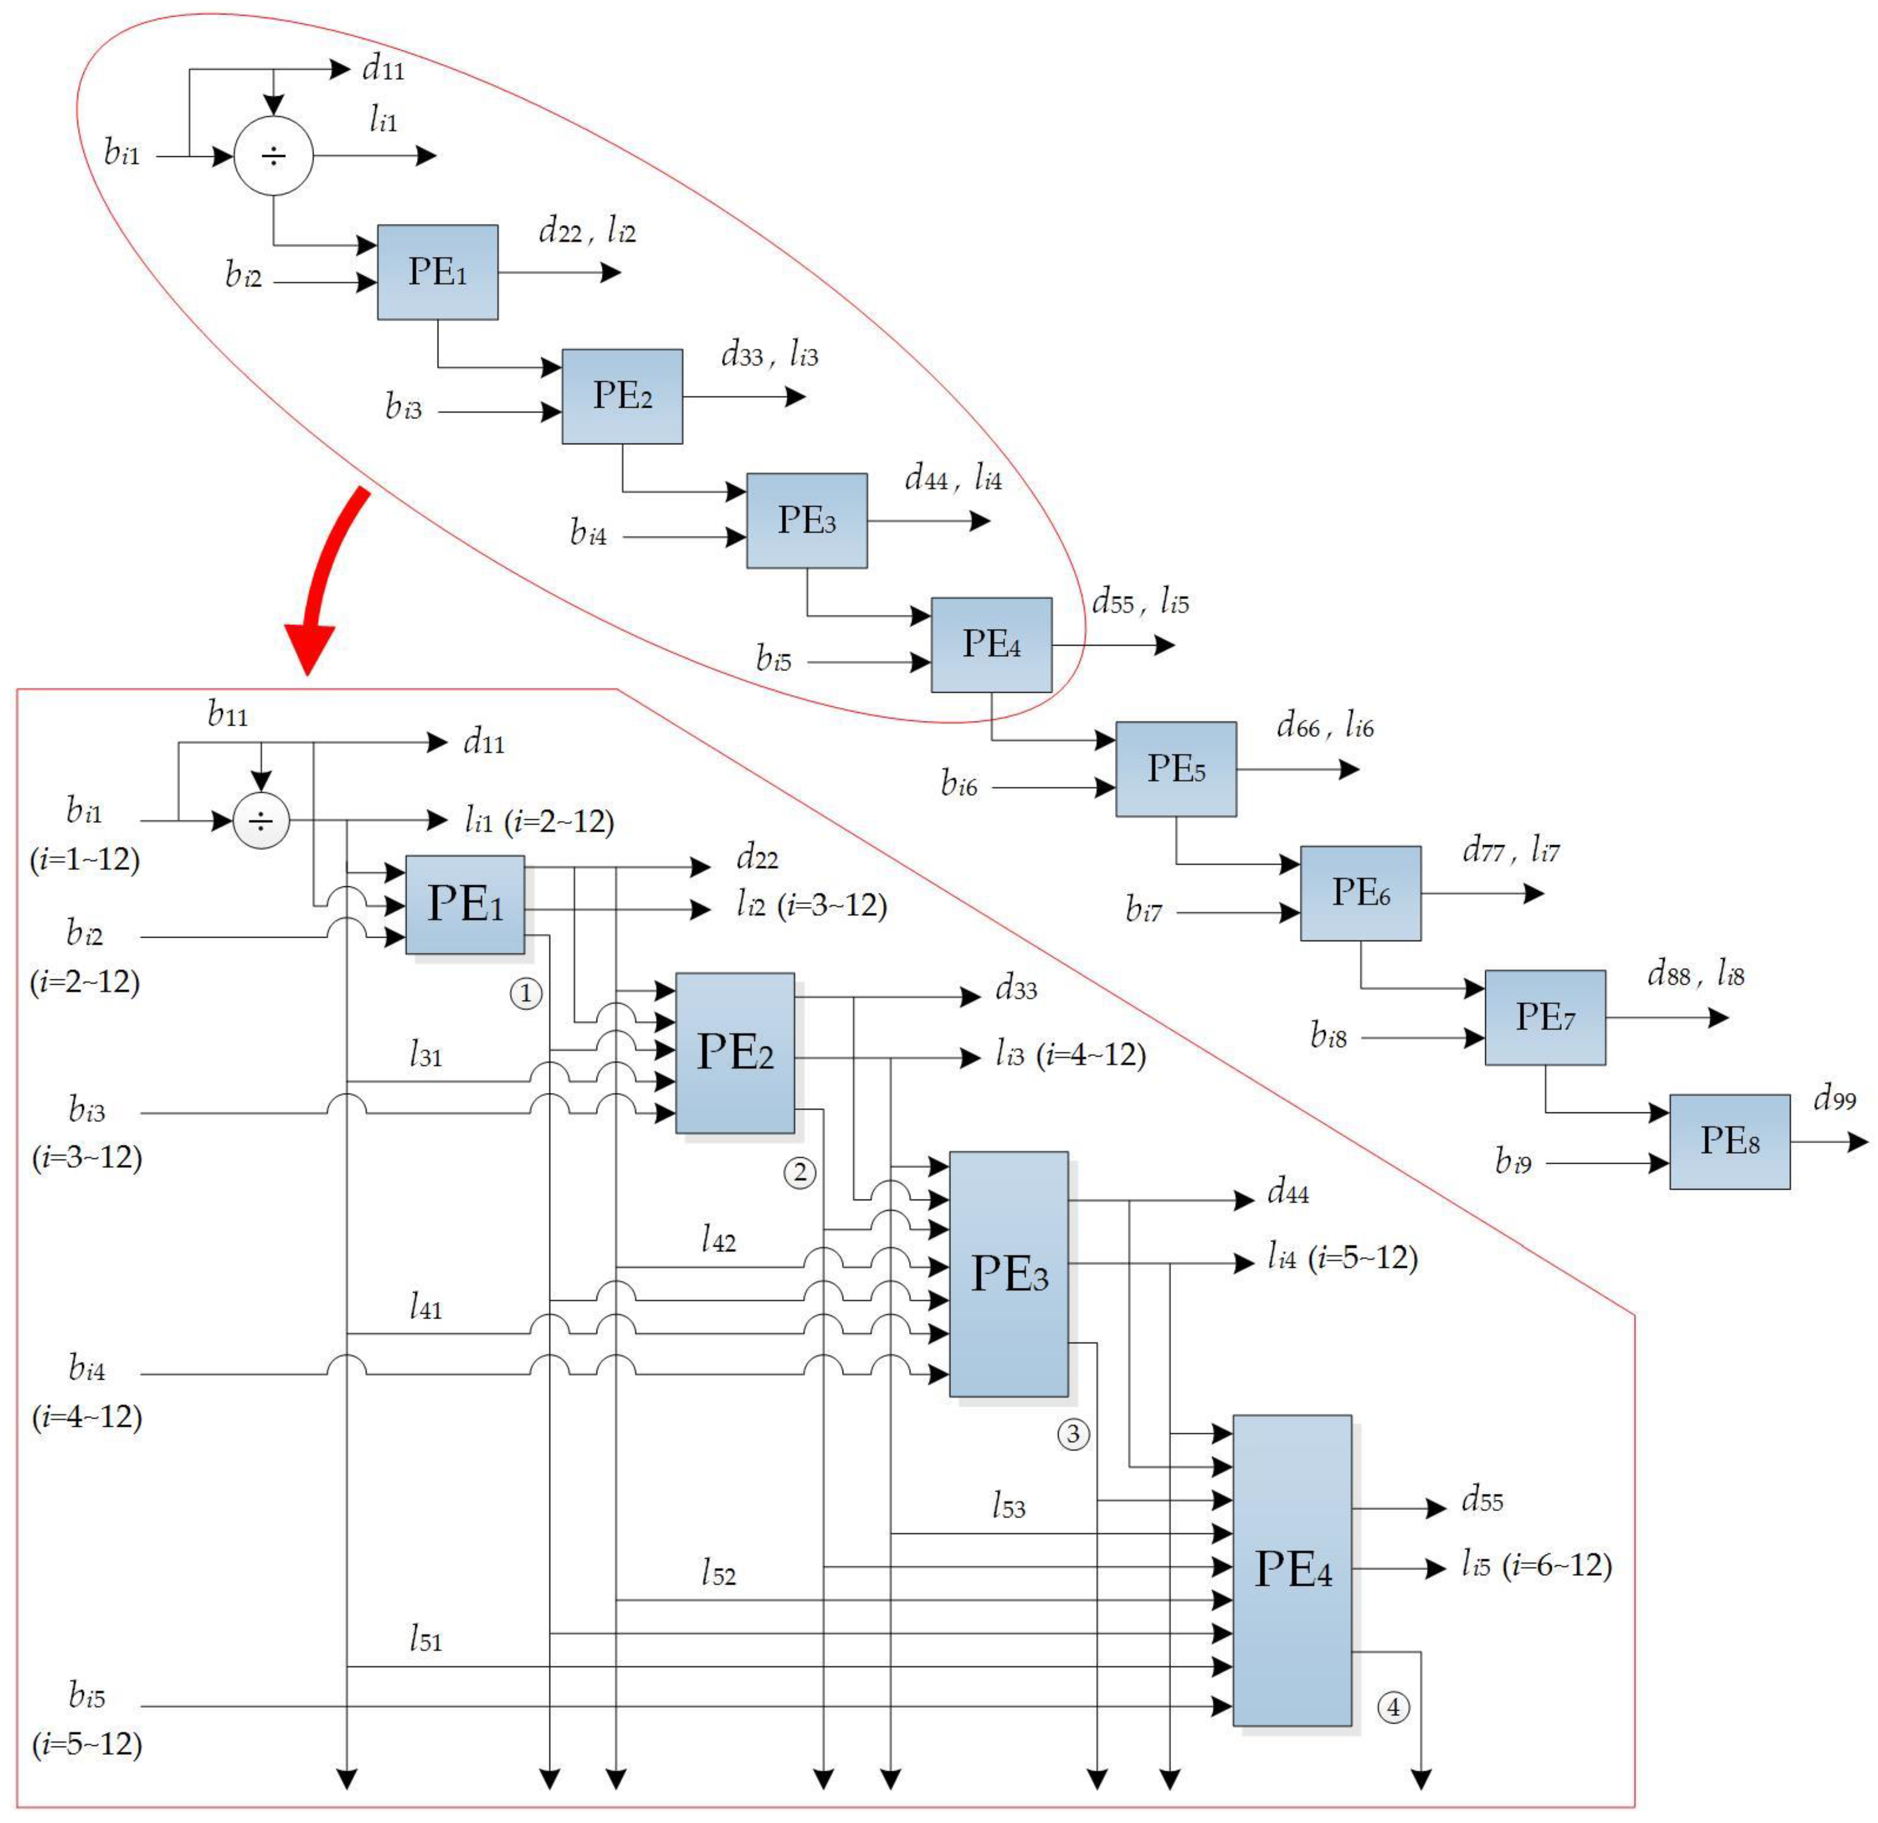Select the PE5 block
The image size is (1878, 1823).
click(x=1176, y=769)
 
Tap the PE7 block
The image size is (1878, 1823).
click(x=1544, y=1017)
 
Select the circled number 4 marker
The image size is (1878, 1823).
click(x=1393, y=1707)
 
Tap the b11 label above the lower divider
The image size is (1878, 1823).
click(x=228, y=714)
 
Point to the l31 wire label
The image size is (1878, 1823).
click(x=426, y=1056)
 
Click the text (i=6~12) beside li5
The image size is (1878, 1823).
click(x=1557, y=1565)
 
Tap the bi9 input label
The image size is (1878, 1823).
click(x=1513, y=1162)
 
